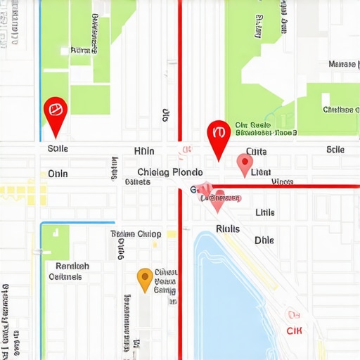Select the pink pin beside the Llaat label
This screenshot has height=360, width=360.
click(x=244, y=164)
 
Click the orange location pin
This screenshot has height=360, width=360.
click(x=145, y=278)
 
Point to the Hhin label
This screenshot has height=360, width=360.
click(x=143, y=151)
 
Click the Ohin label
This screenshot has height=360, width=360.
click(x=58, y=174)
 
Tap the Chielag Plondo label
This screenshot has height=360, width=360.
click(x=170, y=172)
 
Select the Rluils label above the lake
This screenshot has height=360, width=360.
click(x=228, y=229)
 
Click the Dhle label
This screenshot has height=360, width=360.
click(x=264, y=240)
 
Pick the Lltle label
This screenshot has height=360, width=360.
click(x=265, y=212)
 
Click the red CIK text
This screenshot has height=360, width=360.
click(x=295, y=330)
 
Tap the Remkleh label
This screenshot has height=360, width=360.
click(x=72, y=266)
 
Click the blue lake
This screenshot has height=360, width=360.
click(x=232, y=295)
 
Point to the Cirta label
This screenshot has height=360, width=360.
click(x=257, y=151)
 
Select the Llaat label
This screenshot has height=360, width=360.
click(x=261, y=172)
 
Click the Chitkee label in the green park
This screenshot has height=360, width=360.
click(x=341, y=110)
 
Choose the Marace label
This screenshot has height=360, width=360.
click(x=342, y=64)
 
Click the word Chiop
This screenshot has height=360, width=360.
click(x=149, y=234)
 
